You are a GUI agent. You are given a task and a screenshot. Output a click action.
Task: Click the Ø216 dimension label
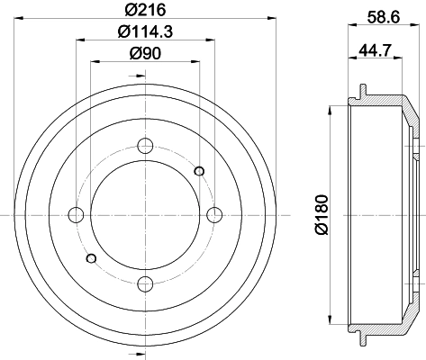145,11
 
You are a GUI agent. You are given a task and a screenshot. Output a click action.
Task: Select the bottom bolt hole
145,284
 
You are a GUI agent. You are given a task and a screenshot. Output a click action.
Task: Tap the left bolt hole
76,214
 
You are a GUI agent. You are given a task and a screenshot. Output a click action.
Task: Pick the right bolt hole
214,214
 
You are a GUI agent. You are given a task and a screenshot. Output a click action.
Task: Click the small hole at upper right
199,171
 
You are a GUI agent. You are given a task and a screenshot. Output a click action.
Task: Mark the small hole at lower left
91,258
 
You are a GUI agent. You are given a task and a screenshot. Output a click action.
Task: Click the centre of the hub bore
145,214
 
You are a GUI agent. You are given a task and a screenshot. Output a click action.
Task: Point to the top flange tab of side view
360,91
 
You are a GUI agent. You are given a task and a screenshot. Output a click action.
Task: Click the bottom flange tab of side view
360,338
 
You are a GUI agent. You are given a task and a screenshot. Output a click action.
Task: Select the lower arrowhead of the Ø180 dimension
333,320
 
